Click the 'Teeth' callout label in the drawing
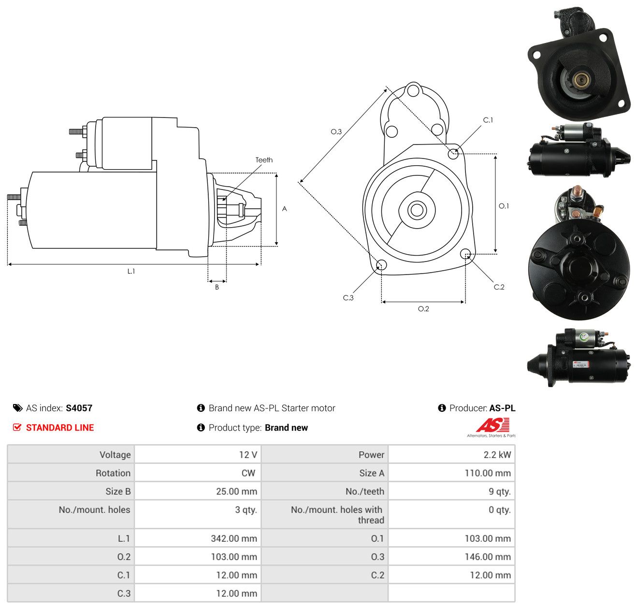264,160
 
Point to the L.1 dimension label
131,271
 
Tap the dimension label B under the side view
217,287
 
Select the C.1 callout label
488,120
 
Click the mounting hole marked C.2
465,253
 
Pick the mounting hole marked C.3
381,265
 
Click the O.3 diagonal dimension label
336,131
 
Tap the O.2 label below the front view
423,308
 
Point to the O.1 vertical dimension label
504,206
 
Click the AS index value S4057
79,408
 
